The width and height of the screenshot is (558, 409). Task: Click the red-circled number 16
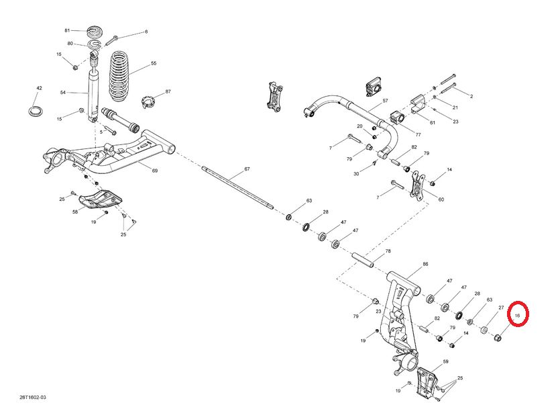[x=518, y=314]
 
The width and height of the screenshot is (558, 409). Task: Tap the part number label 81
[x=67, y=31]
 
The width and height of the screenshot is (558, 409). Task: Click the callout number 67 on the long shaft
[x=247, y=169]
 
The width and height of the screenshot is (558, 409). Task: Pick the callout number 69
[x=155, y=171]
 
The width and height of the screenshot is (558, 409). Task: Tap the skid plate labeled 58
[x=97, y=199]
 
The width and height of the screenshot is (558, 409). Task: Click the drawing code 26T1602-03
[x=33, y=398]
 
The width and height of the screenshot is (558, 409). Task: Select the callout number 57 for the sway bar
[x=386, y=101]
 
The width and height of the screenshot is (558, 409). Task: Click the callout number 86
[x=425, y=265]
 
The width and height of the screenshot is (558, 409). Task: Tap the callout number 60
[x=441, y=199]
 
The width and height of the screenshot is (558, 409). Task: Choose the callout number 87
[x=168, y=91]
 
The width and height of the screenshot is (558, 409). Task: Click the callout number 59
[x=445, y=362]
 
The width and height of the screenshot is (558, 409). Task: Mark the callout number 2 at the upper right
[x=471, y=97]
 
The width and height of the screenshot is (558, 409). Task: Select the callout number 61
[x=433, y=122]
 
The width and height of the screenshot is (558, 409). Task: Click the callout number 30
[x=356, y=174]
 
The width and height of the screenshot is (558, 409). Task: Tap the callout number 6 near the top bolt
[x=146, y=32]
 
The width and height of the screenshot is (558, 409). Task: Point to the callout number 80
[x=69, y=44]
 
